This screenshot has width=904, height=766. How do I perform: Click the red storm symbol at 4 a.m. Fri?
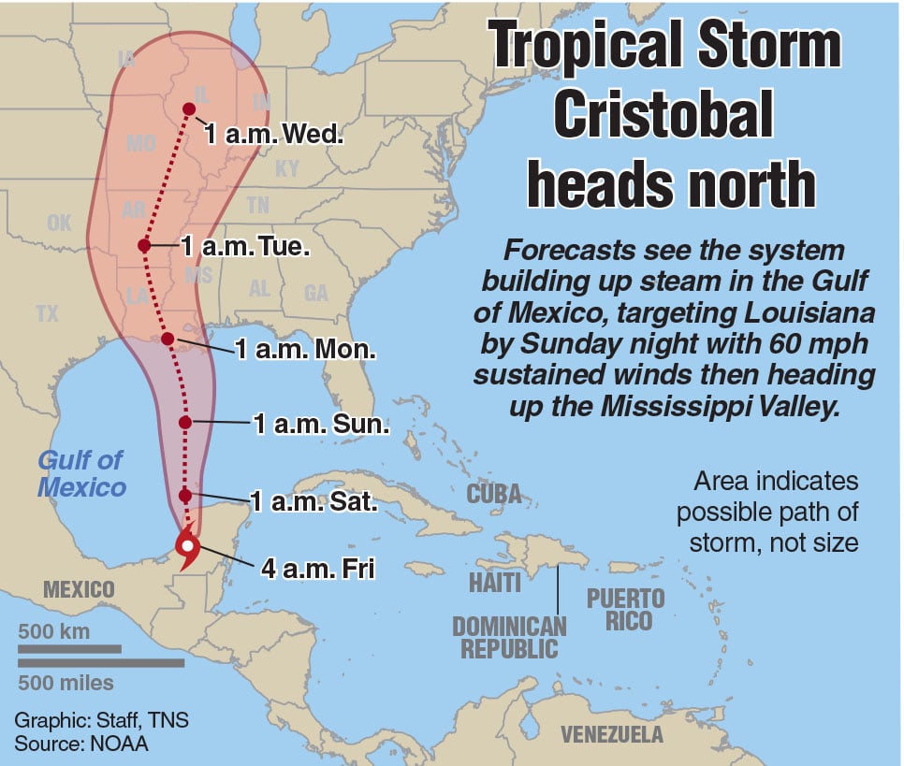click(x=188, y=546)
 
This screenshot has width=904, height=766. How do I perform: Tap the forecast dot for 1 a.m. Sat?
click(x=185, y=495)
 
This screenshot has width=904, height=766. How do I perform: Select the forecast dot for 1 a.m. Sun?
click(x=185, y=422)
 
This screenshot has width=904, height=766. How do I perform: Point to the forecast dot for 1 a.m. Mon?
click(x=168, y=339)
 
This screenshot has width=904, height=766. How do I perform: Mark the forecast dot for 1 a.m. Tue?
click(x=144, y=246)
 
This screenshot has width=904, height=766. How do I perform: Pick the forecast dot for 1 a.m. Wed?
click(x=189, y=109)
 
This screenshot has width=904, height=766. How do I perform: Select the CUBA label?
click(x=494, y=493)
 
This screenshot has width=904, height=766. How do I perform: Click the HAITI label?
click(x=496, y=582)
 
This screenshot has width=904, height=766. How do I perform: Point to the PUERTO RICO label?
click(x=625, y=609)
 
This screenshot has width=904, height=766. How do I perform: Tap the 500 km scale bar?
click(x=70, y=647)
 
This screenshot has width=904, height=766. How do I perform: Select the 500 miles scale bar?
click(x=101, y=663)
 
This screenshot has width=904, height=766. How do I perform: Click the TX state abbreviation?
click(x=47, y=314)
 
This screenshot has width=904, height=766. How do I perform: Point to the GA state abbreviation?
click(x=316, y=294)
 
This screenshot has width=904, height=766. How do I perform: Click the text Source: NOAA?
click(x=81, y=744)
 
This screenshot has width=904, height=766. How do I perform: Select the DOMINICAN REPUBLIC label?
click(x=509, y=636)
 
